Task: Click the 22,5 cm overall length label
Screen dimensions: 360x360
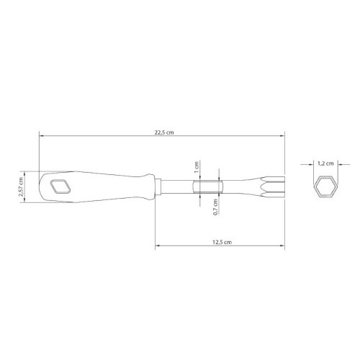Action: (x=164, y=131)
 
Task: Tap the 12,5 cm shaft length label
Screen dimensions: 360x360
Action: (x=222, y=242)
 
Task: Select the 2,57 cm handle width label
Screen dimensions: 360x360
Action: (x=22, y=189)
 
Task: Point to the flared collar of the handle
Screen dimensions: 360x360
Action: (x=149, y=188)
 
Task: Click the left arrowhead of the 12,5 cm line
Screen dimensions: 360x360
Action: (x=156, y=248)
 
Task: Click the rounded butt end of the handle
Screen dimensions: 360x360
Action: (x=42, y=188)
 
